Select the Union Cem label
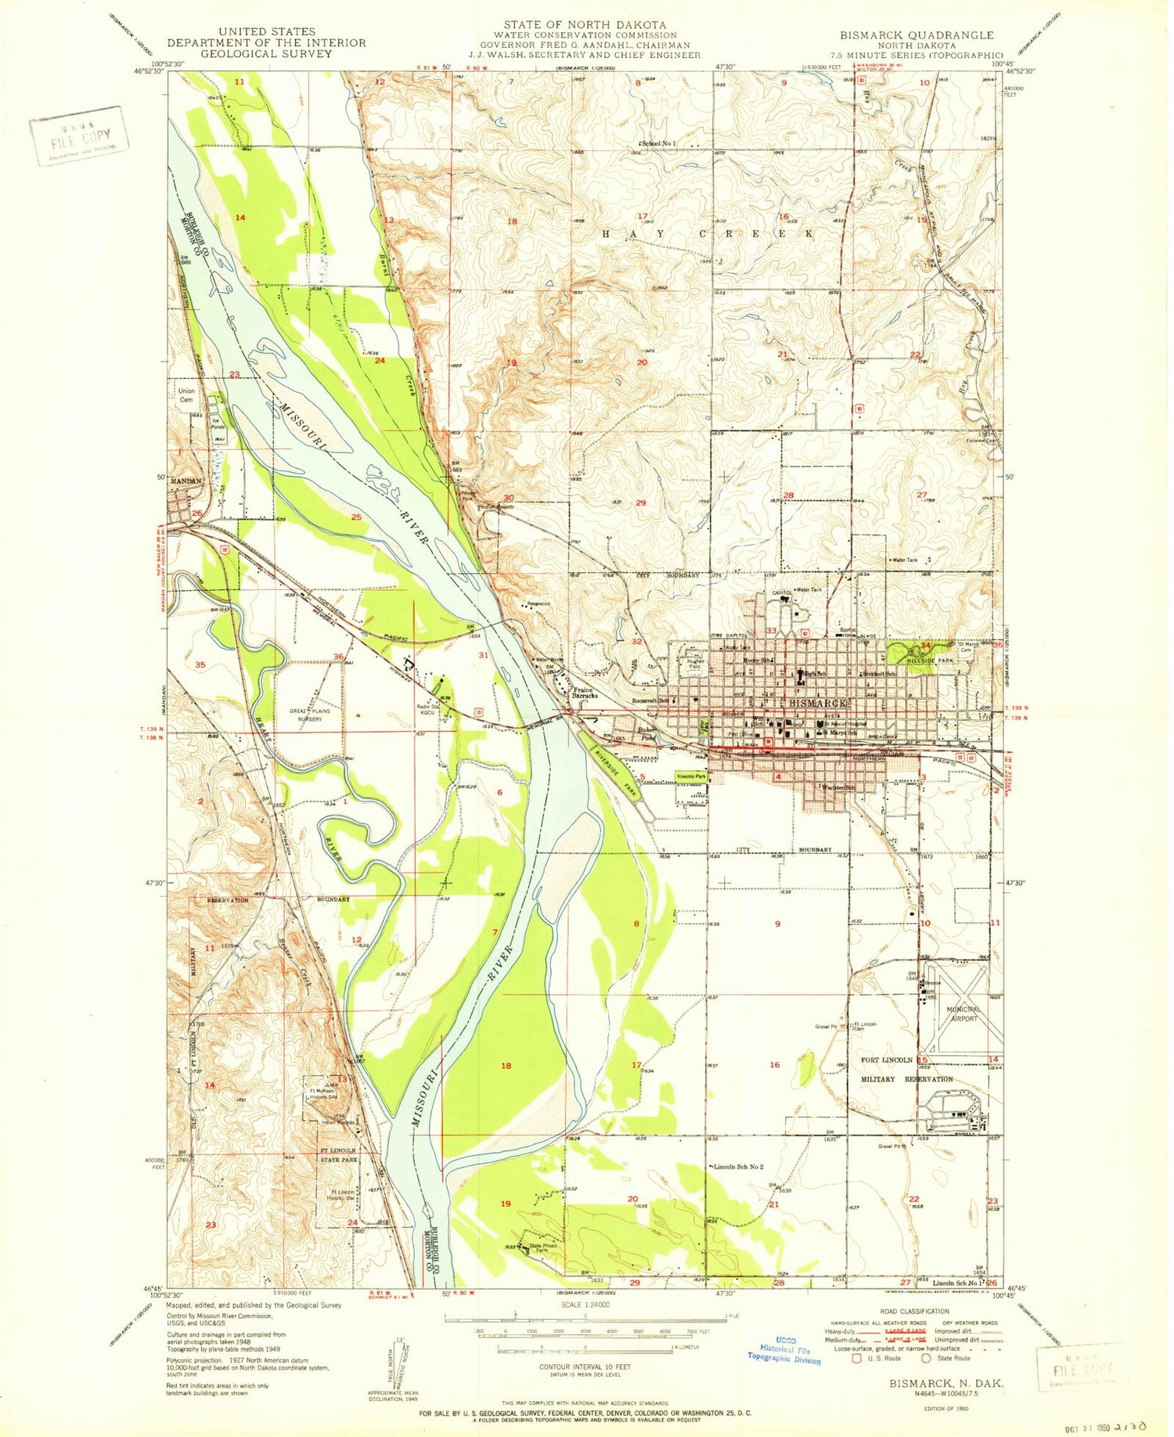click(x=186, y=395)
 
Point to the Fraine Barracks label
click(x=585, y=692)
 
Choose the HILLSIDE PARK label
click(x=920, y=660)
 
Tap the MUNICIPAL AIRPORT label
click(x=961, y=1014)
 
